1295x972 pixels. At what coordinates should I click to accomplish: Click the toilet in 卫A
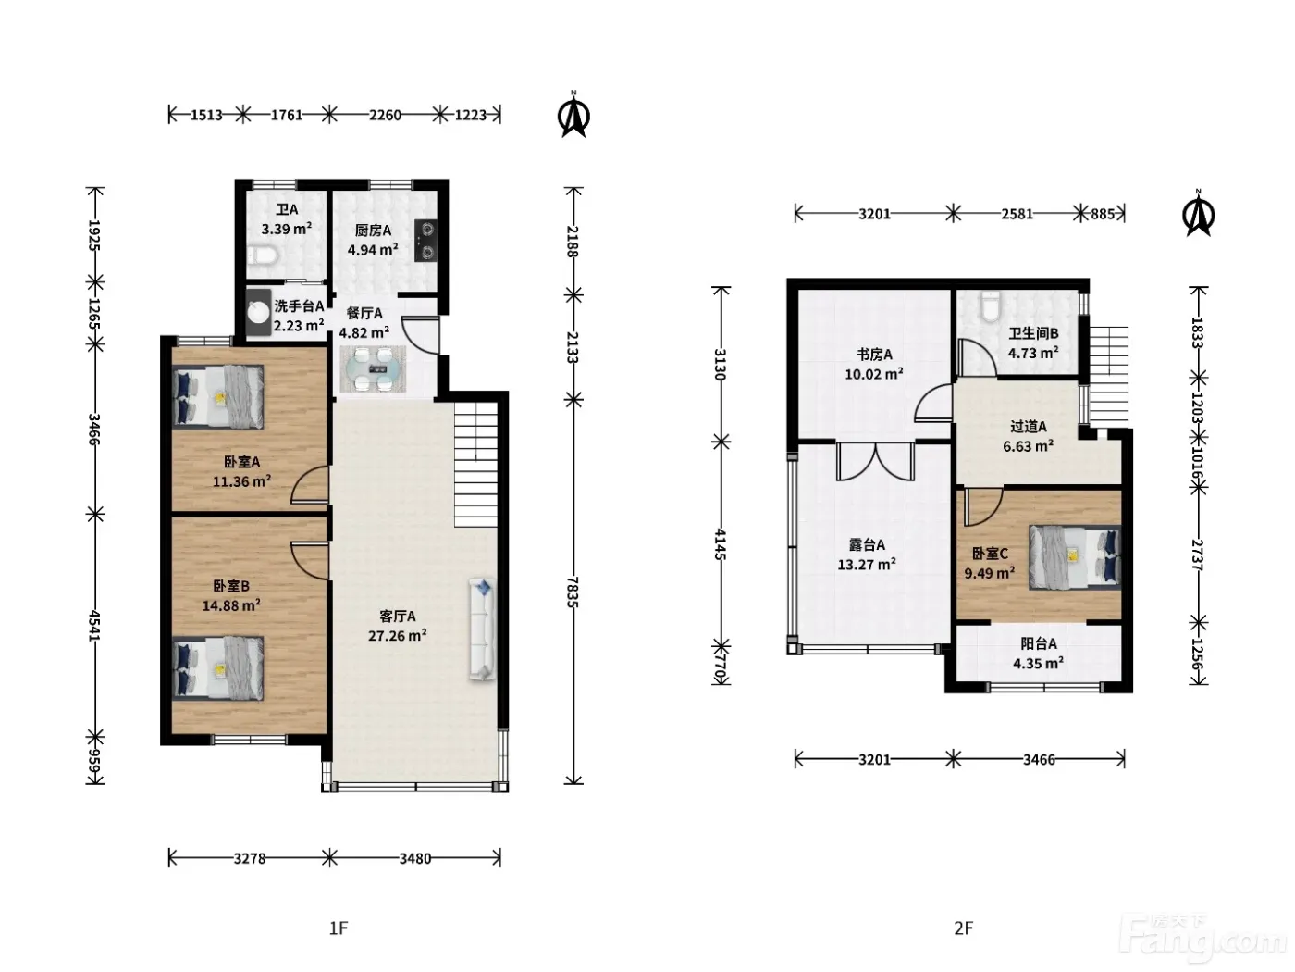coord(262,255)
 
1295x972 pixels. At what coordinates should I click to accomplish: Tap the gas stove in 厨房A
coord(425,240)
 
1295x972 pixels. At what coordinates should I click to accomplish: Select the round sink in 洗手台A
coord(258,312)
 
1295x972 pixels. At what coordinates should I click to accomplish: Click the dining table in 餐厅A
coord(373,369)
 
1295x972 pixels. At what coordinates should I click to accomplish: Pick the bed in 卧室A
coord(217,396)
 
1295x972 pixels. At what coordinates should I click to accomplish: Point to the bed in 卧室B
coord(217,667)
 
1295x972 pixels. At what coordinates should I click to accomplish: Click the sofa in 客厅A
coord(483,629)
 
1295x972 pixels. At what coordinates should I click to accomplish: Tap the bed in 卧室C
coord(1075,557)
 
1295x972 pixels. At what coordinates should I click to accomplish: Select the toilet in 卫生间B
coord(991,305)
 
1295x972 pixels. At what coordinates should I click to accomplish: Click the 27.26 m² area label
coord(397,636)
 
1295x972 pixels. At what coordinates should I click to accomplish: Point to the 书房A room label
coord(874,355)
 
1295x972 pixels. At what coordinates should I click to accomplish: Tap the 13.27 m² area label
coord(867,564)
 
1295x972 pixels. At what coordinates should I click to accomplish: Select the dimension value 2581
coord(1017,214)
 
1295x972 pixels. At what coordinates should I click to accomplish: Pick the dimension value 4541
coord(94,626)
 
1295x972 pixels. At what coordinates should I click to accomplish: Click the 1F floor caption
coord(339,928)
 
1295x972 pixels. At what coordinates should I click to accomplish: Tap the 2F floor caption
coord(964,928)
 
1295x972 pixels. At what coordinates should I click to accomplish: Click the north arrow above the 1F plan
coord(573,115)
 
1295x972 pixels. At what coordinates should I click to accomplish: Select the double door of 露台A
coord(876,462)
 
